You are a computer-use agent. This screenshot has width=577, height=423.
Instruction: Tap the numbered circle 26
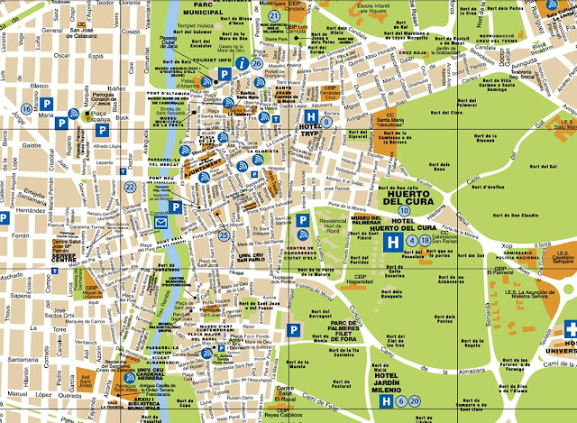(258, 63)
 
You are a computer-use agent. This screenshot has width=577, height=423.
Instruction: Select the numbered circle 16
(26, 110)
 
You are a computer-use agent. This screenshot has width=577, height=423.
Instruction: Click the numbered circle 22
(131, 187)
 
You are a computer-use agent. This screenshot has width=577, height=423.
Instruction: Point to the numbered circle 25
(224, 236)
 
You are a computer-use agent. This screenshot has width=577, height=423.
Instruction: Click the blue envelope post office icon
(161, 223)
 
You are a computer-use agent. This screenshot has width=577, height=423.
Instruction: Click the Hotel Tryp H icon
(310, 116)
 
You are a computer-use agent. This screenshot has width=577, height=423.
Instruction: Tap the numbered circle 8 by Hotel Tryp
(326, 121)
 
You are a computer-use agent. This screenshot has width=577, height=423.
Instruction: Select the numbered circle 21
(273, 15)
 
